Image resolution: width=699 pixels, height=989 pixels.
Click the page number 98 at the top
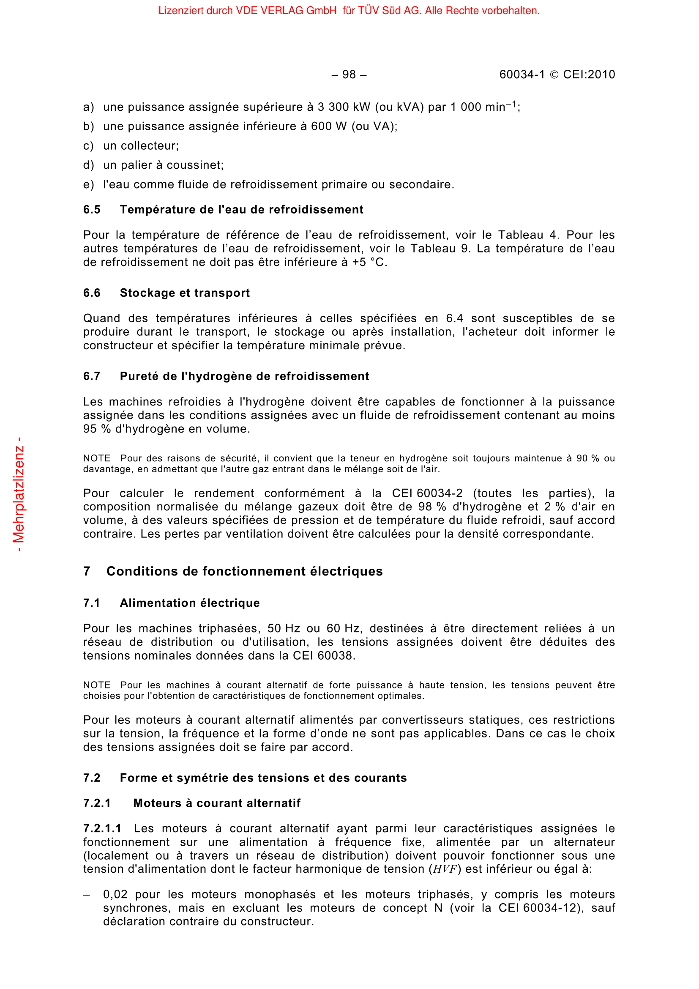point(349,74)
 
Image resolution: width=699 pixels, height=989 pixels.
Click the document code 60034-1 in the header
point(522,74)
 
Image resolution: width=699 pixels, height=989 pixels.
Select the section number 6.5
point(92,209)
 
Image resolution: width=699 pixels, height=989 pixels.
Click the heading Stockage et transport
point(185,293)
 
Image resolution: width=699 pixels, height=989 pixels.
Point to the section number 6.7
point(92,376)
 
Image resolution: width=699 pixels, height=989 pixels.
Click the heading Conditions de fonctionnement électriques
point(244,571)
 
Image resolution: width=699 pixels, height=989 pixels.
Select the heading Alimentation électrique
point(190,603)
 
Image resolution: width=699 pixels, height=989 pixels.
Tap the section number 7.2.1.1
point(102,828)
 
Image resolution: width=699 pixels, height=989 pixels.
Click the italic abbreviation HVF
point(445,869)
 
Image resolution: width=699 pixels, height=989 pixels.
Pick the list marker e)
point(88,184)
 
